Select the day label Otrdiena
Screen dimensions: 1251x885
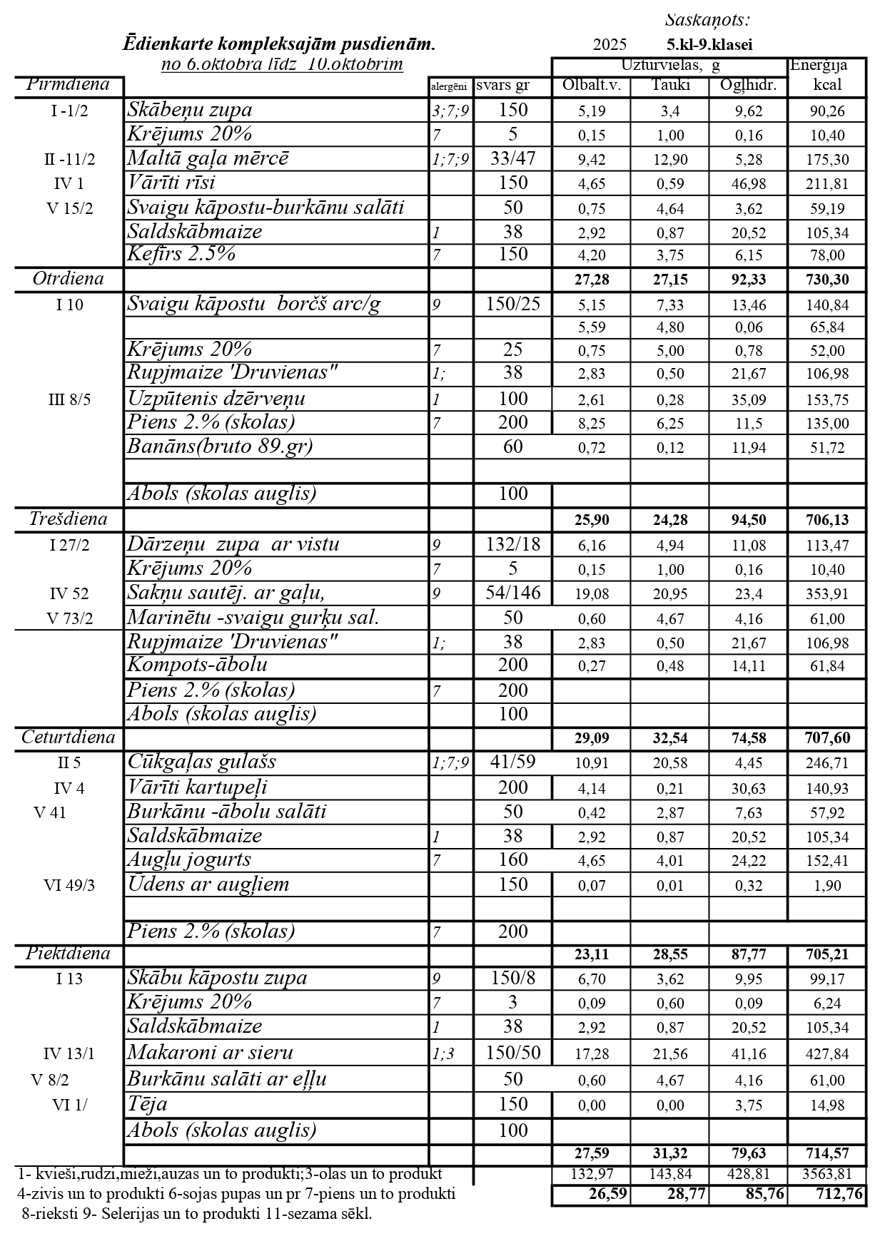coord(68,279)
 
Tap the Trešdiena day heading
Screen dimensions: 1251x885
coord(68,519)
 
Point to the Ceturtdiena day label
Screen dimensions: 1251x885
coord(68,737)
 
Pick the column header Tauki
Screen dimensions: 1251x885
coord(670,86)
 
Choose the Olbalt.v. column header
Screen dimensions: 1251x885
coord(592,86)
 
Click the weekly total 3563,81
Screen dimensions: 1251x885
coord(827,1174)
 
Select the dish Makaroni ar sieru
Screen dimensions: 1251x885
coord(211,1052)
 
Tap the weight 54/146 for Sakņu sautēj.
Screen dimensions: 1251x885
coord(513,593)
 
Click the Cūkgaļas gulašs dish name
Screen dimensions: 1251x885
coord(202,762)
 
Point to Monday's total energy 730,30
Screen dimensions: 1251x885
coord(827,280)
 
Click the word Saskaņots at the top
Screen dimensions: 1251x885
coord(707,20)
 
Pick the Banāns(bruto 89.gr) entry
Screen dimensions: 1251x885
coord(221,446)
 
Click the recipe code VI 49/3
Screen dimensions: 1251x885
coord(69,885)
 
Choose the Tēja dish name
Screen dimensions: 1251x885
coord(148,1104)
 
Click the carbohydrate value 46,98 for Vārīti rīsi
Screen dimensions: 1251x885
coord(748,184)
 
